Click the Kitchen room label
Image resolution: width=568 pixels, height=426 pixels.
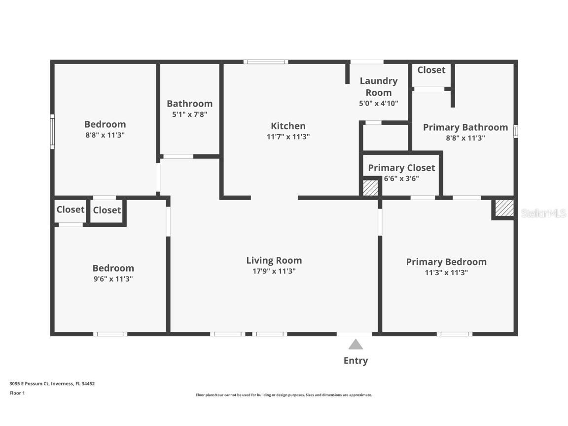coord(288,126)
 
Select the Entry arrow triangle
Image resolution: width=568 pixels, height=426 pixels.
coord(355,344)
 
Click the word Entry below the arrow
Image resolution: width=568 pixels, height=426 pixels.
coord(355,361)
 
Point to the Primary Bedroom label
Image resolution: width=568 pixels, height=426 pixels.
coord(446,262)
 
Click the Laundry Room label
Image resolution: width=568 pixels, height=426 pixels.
coord(378,86)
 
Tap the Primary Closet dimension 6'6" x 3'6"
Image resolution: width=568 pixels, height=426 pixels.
coord(401,178)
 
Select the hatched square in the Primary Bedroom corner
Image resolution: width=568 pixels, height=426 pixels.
coord(504,208)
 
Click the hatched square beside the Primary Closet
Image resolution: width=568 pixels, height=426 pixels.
coord(370,188)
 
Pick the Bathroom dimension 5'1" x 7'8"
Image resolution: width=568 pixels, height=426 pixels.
coord(189,114)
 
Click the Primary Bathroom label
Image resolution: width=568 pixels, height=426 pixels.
coord(465,127)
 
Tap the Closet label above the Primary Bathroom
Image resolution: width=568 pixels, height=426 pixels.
coord(431,70)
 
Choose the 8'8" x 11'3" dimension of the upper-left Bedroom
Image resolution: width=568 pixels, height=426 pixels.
coord(105,135)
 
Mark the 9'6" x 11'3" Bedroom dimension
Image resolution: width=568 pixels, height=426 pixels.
coord(113,279)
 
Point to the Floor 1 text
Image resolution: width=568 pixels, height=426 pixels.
coord(17,393)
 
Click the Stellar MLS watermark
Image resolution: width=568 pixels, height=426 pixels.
coord(543,213)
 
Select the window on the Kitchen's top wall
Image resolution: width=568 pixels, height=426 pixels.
coord(266,62)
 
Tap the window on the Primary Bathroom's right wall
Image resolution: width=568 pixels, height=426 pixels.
coord(516,131)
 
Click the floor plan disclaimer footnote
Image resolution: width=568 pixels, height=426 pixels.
coord(284,395)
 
